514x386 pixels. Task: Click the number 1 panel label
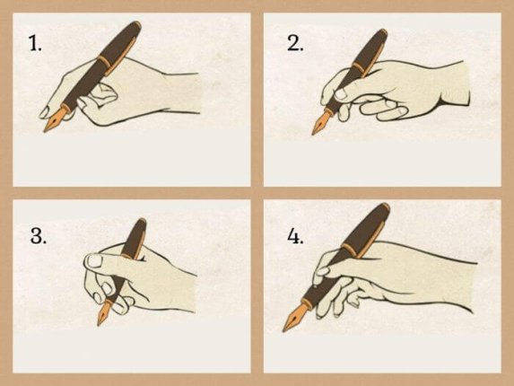click(35, 43)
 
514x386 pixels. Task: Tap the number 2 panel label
click(295, 43)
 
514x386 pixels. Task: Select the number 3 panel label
click(39, 236)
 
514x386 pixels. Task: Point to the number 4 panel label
click(295, 236)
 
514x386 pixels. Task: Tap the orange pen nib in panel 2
click(321, 123)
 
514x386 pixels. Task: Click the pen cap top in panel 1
click(135, 26)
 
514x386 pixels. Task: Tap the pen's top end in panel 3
click(141, 223)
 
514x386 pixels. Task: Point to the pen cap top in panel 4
click(383, 208)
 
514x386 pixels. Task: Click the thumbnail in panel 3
click(95, 261)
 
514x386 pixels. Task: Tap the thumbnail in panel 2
click(341, 93)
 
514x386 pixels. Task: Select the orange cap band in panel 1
click(105, 66)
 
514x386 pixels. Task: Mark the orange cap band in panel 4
click(350, 249)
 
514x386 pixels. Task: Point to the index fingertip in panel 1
click(45, 112)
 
